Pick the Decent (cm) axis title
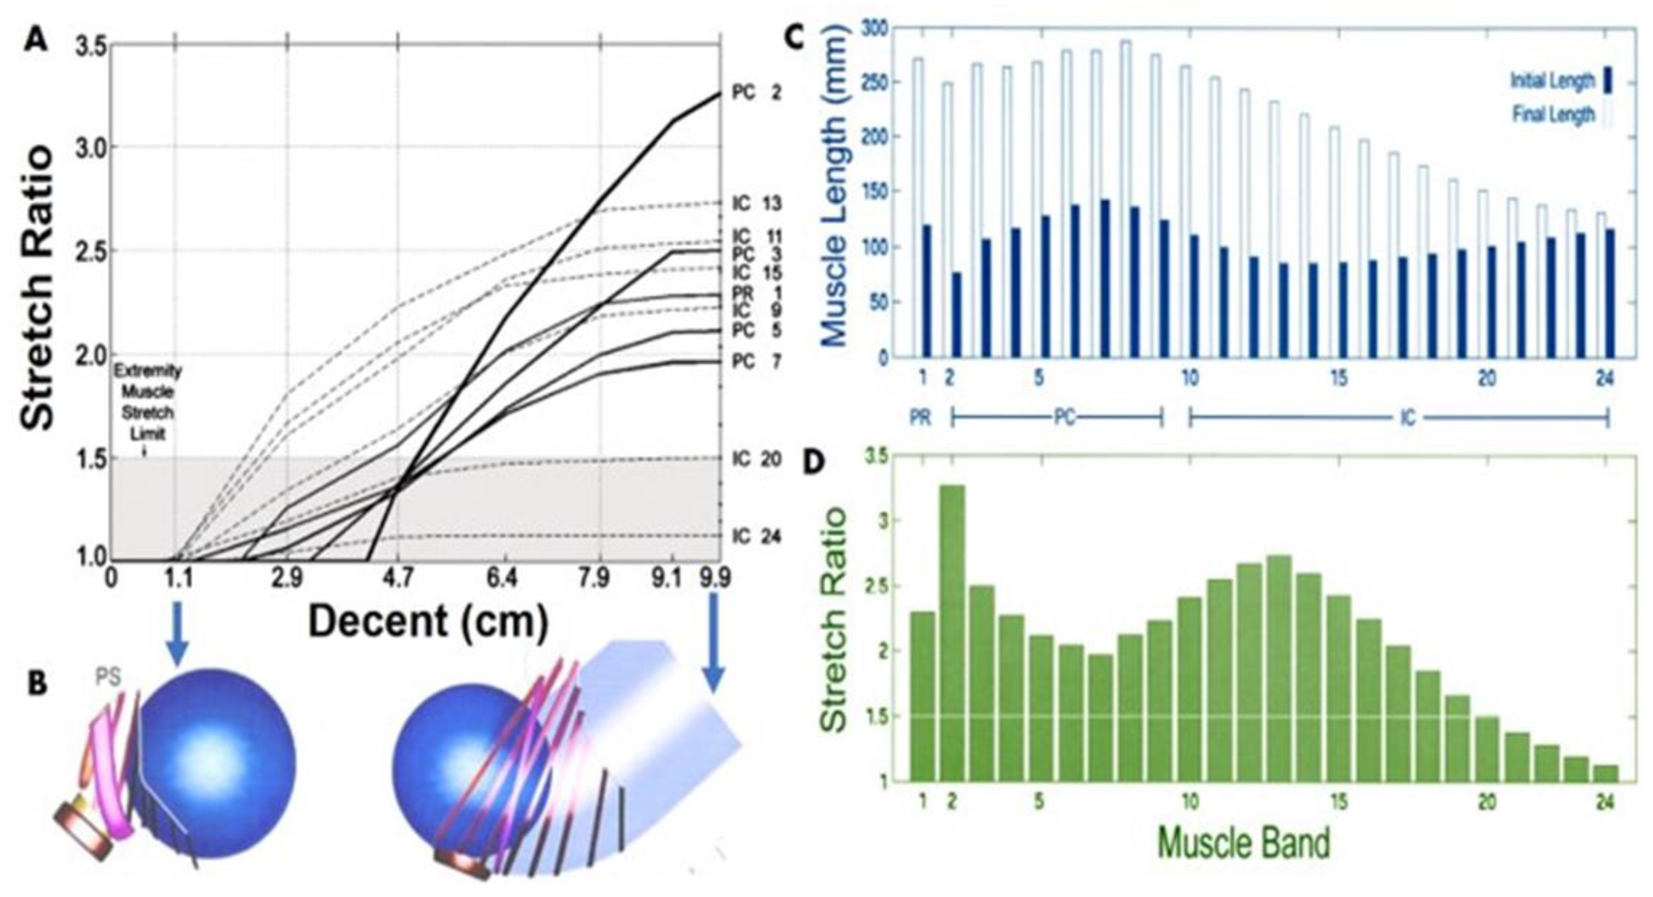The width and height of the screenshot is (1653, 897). coord(429,622)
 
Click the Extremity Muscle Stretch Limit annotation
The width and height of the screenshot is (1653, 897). coord(147,402)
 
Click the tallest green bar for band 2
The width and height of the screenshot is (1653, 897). coord(953,632)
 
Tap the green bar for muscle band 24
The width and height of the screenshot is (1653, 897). coord(1606,773)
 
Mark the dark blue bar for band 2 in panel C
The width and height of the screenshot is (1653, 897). coord(956,314)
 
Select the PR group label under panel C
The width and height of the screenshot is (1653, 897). coord(920,418)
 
